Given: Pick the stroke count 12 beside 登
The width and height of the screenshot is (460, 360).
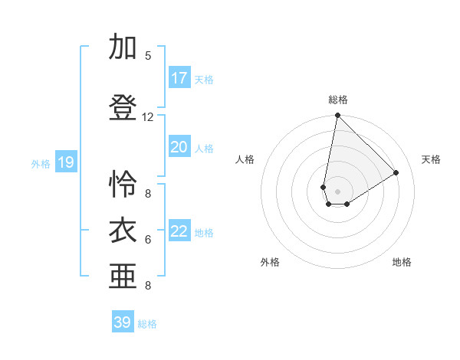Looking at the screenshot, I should click(x=148, y=117).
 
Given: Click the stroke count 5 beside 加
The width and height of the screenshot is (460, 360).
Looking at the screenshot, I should click(x=148, y=56).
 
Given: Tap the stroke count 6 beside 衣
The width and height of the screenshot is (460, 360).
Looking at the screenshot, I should click(x=148, y=240).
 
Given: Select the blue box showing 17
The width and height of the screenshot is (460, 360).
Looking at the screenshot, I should click(x=179, y=78).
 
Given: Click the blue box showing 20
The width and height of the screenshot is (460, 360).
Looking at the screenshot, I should click(x=179, y=147).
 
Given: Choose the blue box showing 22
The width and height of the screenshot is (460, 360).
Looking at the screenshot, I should click(x=179, y=231).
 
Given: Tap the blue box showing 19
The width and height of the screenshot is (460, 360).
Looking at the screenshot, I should click(x=66, y=162).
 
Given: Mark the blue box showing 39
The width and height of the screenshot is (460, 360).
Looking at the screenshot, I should click(x=123, y=322).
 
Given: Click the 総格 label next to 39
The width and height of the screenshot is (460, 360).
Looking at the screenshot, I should click(x=147, y=324).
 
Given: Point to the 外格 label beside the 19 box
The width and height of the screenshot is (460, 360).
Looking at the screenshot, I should click(x=41, y=163).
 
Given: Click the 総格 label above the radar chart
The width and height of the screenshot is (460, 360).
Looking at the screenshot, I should click(x=337, y=100).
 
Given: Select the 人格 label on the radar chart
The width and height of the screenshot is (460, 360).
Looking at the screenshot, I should click(x=245, y=159).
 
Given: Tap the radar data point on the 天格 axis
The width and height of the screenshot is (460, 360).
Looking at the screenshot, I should click(x=396, y=173).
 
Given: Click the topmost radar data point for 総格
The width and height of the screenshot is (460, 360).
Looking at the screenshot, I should click(x=337, y=116).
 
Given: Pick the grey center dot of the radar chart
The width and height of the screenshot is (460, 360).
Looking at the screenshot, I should click(x=337, y=189).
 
